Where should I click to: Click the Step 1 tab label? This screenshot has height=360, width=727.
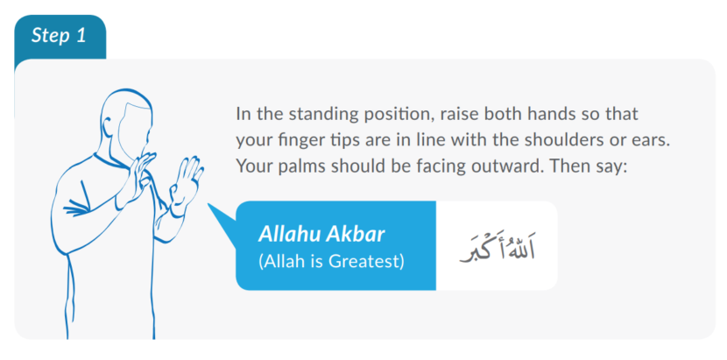pyautogui.click(x=60, y=36)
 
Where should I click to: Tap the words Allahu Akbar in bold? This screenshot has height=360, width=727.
pyautogui.click(x=321, y=235)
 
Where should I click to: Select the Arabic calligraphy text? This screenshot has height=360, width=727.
pyautogui.click(x=497, y=247)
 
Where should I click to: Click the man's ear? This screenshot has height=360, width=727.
pyautogui.click(x=115, y=131)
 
